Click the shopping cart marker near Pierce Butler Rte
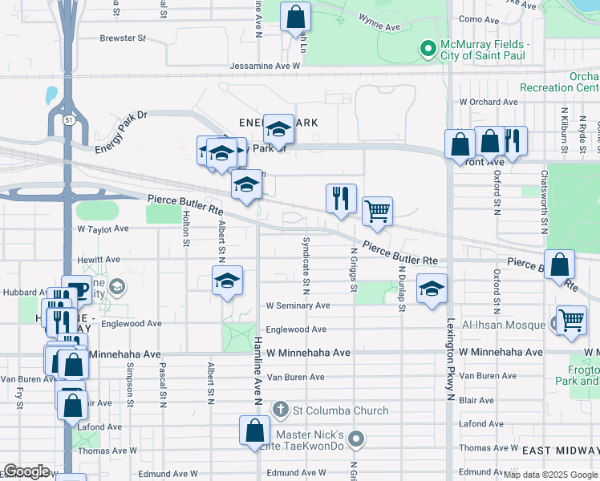pyautogui.click(x=377, y=212)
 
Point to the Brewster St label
pyautogui.click(x=123, y=38)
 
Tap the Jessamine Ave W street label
pyautogui.click(x=264, y=66)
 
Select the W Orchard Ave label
pyautogui.click(x=489, y=102)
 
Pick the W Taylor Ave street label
pyautogui.click(x=103, y=228)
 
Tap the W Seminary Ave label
pyautogui.click(x=298, y=305)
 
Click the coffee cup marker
pyautogui.click(x=77, y=291)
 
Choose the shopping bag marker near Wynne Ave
pyautogui.click(x=295, y=16)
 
